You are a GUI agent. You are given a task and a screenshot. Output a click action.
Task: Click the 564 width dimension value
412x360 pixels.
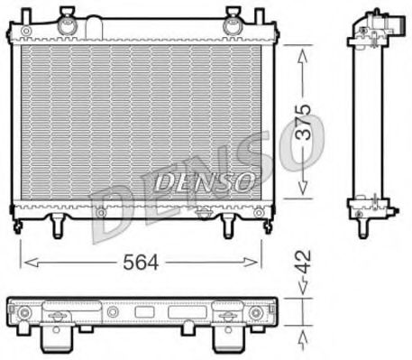point(140,262)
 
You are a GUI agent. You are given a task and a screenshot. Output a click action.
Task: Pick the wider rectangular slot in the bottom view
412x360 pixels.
point(180,313)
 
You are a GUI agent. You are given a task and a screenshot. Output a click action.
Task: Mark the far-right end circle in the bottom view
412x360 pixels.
point(256,313)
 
